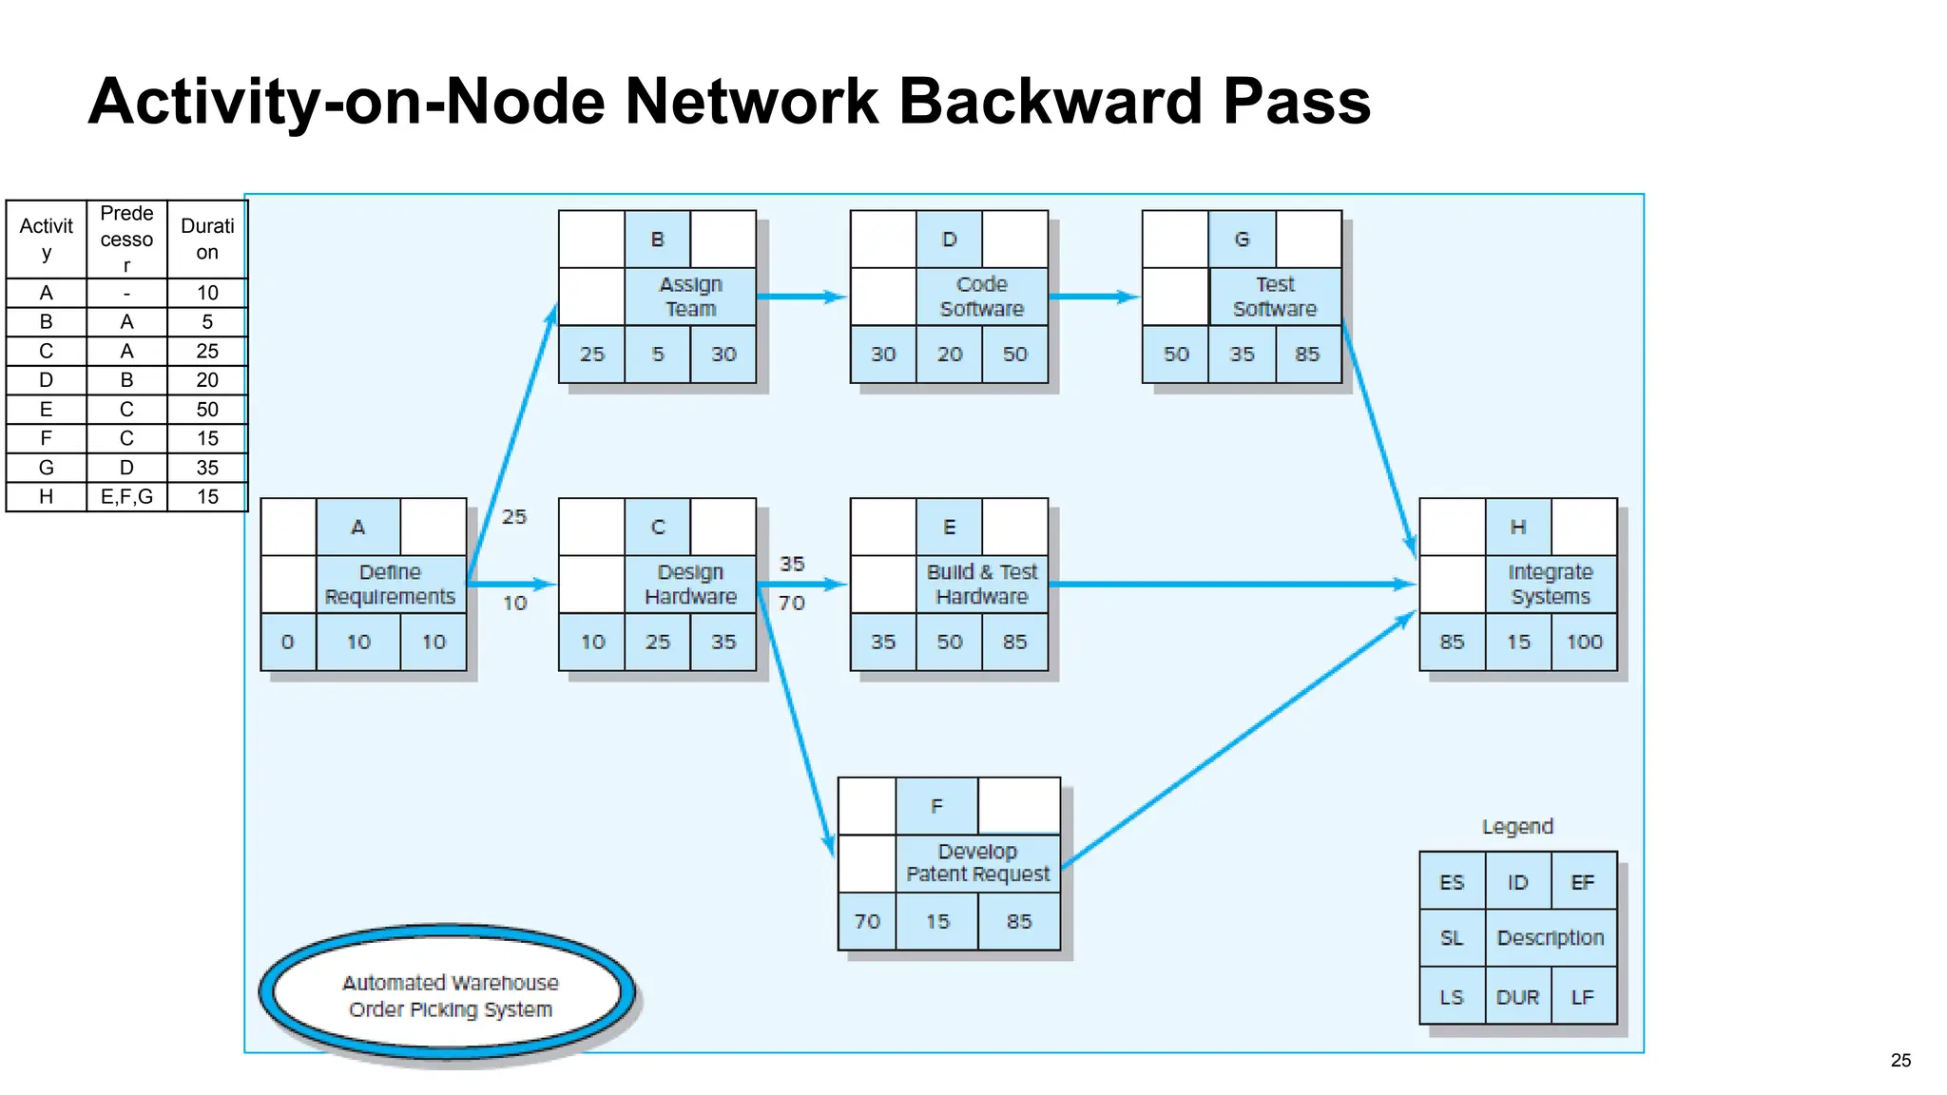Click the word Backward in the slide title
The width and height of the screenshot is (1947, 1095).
[x=1051, y=101]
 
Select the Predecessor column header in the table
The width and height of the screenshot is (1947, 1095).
[x=126, y=239]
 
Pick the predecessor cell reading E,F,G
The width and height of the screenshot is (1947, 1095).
[x=126, y=496]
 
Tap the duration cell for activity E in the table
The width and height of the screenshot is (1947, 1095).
[x=207, y=410]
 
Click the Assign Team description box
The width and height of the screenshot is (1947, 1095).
[x=691, y=297]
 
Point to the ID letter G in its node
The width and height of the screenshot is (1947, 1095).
[x=1242, y=240]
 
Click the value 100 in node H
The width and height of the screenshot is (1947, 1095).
[x=1584, y=642]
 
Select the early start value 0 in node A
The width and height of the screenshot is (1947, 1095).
[x=288, y=642]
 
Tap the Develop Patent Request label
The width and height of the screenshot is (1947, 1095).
[x=977, y=863]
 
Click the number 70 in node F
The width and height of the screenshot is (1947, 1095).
[x=867, y=921]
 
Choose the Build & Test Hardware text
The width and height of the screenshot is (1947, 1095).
[x=981, y=584]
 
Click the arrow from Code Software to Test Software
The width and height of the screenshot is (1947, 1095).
[x=1093, y=297]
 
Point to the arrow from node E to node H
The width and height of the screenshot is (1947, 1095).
[x=1236, y=584]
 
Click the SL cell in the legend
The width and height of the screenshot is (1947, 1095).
[x=1452, y=938]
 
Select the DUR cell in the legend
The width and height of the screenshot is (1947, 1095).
[x=1517, y=997]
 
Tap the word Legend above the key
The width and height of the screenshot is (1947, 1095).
[x=1517, y=827]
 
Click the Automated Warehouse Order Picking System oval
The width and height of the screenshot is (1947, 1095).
[x=450, y=994]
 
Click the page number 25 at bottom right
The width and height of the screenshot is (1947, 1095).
[x=1900, y=1060]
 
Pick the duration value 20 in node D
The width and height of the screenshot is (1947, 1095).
[x=949, y=354]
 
